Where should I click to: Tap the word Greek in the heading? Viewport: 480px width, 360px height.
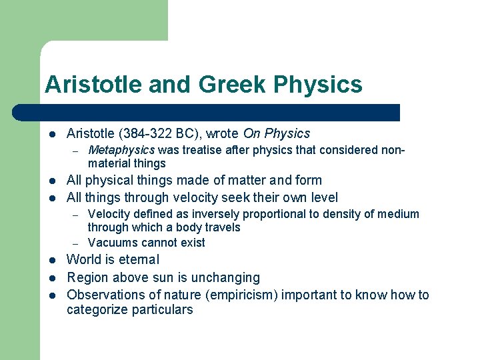pyautogui.click(x=220, y=85)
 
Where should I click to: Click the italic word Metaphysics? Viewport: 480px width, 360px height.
pyautogui.click(x=121, y=150)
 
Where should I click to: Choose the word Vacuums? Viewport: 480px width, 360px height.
pyautogui.click(x=111, y=243)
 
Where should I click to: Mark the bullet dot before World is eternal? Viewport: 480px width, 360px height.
pyautogui.click(x=52, y=260)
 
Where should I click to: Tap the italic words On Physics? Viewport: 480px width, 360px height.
pyautogui.click(x=277, y=133)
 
